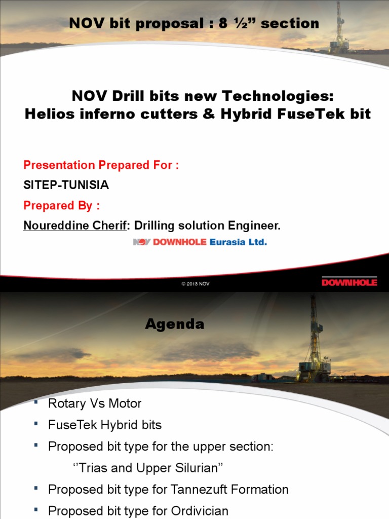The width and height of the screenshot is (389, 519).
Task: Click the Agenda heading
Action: (x=175, y=324)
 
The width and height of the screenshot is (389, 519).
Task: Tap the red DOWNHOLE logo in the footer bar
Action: (x=349, y=282)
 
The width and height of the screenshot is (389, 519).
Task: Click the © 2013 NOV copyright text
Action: (x=196, y=284)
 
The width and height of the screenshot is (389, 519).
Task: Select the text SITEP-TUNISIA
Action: (x=66, y=185)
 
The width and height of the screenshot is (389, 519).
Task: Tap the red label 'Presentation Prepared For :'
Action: (x=101, y=165)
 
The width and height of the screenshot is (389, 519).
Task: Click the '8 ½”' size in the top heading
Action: (x=236, y=23)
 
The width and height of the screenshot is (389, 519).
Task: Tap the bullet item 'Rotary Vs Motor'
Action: (x=95, y=403)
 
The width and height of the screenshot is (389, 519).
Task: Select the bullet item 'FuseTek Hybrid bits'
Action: (x=105, y=425)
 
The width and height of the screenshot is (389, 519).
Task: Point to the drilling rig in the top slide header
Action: (x=339, y=28)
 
